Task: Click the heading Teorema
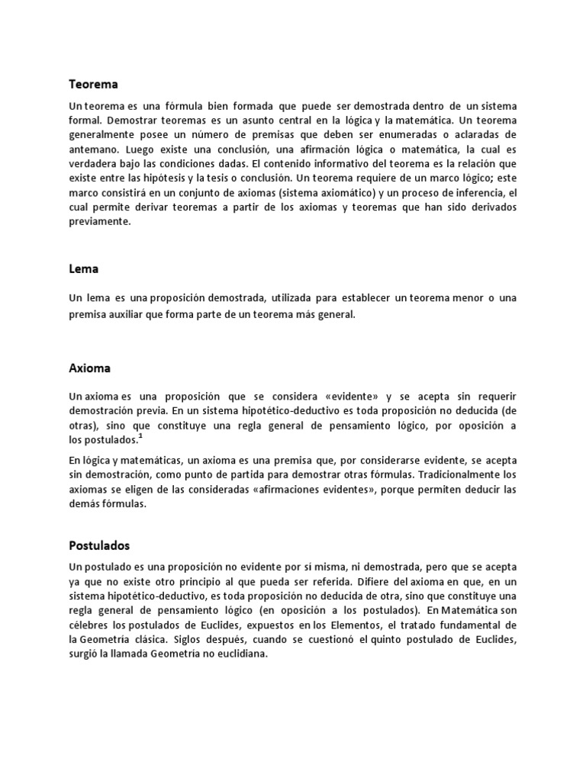(94, 84)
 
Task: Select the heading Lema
(83, 268)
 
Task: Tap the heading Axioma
(90, 368)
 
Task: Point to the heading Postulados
(99, 546)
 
